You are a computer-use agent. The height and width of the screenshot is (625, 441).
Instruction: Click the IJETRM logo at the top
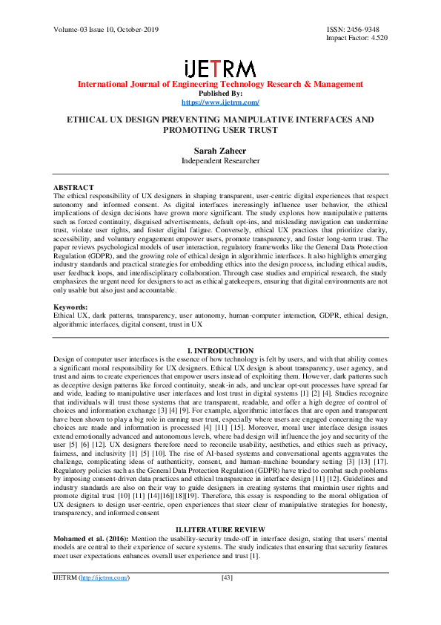220,68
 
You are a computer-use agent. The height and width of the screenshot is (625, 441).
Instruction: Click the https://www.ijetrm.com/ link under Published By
220,102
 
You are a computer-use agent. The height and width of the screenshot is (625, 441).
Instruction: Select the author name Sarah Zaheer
220,150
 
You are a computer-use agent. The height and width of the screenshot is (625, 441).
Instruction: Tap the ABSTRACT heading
73,187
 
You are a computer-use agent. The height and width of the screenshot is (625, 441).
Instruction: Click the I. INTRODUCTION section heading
220,350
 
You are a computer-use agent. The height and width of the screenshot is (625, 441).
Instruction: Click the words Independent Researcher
220,160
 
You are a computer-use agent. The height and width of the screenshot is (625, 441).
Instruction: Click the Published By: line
220,94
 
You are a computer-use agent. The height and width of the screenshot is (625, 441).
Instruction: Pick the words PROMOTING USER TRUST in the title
220,130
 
